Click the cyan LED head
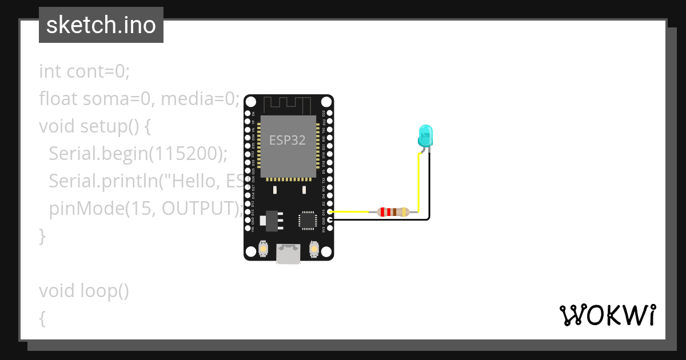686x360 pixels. click(425, 135)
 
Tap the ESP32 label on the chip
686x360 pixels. click(288, 140)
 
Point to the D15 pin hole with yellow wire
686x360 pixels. click(330, 212)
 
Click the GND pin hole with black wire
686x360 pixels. click(330, 219)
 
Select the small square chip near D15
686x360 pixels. click(307, 219)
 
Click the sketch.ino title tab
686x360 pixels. click(101, 25)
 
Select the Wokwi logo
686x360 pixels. click(607, 315)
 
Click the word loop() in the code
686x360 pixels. click(104, 291)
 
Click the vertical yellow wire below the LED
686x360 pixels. click(419, 183)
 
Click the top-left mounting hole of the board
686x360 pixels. click(251, 101)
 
